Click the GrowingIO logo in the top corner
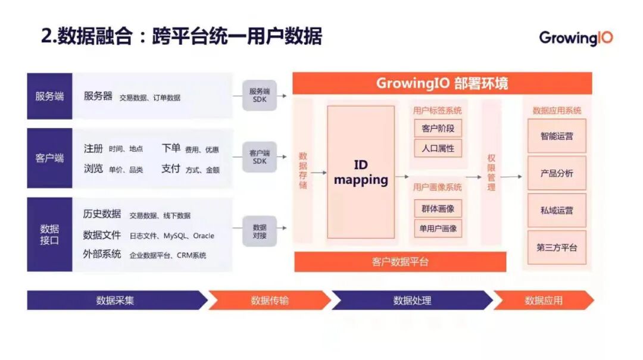(x=576, y=37)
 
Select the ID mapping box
(x=361, y=172)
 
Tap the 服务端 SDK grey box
(x=260, y=95)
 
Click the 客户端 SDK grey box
(x=260, y=157)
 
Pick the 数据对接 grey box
(x=260, y=231)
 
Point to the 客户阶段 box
(x=438, y=129)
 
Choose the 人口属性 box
(x=438, y=148)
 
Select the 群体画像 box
(x=438, y=208)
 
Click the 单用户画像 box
(x=438, y=228)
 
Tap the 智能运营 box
(x=557, y=136)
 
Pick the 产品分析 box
(x=557, y=173)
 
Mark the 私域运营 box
(x=557, y=210)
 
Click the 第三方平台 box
(x=557, y=248)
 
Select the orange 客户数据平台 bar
(x=400, y=262)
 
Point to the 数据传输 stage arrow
(x=269, y=300)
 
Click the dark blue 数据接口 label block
(x=49, y=234)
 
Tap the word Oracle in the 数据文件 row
(x=204, y=236)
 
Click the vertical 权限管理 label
(x=491, y=173)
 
